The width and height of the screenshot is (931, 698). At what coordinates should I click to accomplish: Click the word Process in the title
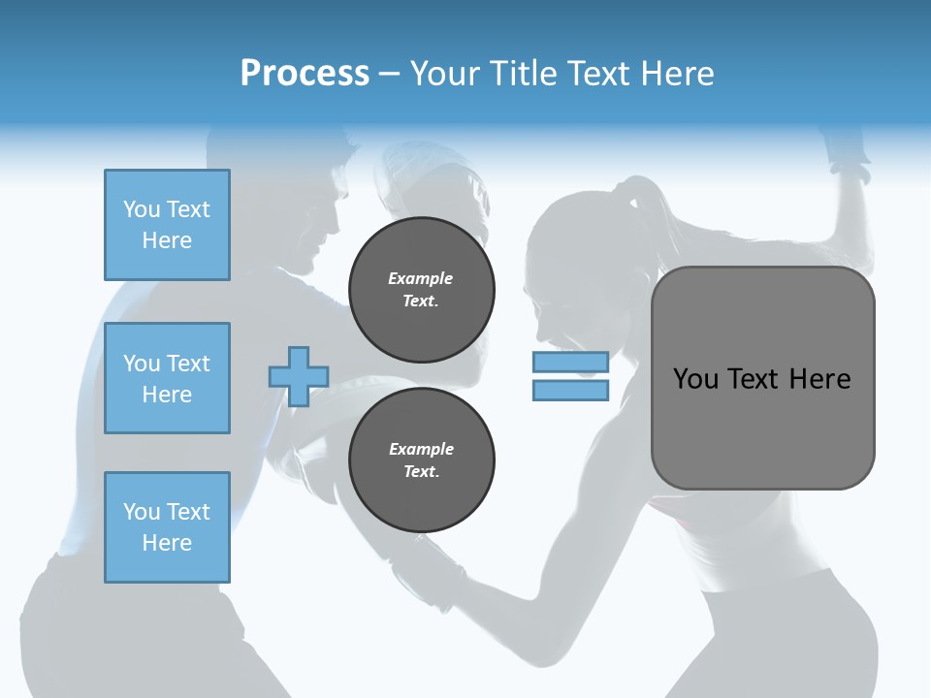click(305, 74)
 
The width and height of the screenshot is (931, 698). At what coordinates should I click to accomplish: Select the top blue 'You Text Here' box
click(167, 225)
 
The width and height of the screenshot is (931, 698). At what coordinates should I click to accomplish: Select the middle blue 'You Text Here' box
click(167, 378)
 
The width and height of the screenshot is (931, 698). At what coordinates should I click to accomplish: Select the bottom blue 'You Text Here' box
click(167, 527)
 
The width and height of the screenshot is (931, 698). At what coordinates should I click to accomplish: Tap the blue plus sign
click(298, 376)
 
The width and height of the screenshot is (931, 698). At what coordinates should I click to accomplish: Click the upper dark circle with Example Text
click(421, 290)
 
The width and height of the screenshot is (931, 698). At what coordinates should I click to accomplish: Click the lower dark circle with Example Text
click(421, 460)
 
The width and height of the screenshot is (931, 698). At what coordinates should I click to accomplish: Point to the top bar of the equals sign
click(570, 362)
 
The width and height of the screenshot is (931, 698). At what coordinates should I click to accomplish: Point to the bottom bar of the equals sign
click(570, 390)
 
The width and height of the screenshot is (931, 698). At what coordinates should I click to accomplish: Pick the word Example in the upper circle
click(421, 278)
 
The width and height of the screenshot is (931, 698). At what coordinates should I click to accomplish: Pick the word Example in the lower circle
click(421, 449)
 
